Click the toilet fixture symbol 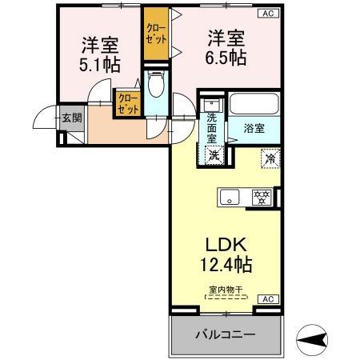(x=157, y=83)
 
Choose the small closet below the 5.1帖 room (x=127, y=103)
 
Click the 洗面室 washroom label (x=211, y=127)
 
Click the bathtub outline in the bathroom (x=254, y=105)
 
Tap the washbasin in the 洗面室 (x=212, y=104)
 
